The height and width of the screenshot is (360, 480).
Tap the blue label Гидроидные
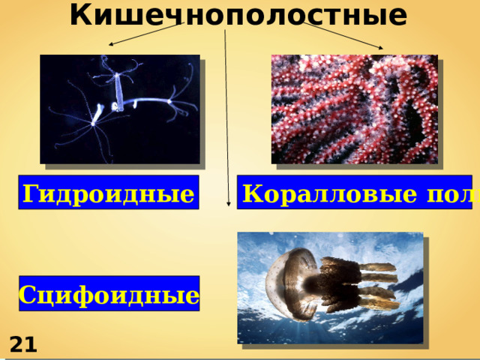coord(109,193)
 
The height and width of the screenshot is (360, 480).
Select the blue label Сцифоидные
coord(109,293)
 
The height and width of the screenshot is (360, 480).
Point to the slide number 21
coord(23,344)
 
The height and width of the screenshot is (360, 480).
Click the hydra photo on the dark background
coord(120,109)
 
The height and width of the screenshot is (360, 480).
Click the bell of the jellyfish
coord(289,277)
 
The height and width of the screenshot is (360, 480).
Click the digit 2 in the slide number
coord(16,344)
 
